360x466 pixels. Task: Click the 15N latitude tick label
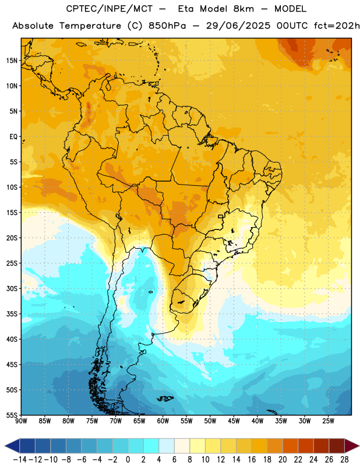click(x=12, y=61)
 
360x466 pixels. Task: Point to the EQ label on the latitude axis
click(x=13, y=137)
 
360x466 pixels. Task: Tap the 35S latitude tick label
click(x=12, y=314)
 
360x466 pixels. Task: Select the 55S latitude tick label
click(x=12, y=415)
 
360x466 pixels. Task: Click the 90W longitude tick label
click(x=21, y=421)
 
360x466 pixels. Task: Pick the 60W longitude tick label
click(x=163, y=421)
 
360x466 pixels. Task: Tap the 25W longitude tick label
click(x=328, y=421)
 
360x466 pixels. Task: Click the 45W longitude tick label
click(x=234, y=421)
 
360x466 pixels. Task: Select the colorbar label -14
click(x=20, y=460)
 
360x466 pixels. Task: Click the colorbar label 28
click(x=344, y=460)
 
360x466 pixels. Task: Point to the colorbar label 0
click(x=128, y=460)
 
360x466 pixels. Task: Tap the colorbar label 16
click(x=252, y=460)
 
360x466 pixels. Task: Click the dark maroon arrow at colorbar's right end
click(x=351, y=446)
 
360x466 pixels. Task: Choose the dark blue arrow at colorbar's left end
click(x=12, y=446)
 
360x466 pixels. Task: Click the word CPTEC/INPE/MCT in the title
click(x=109, y=9)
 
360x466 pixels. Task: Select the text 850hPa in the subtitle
click(x=167, y=26)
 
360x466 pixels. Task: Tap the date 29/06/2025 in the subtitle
click(x=238, y=26)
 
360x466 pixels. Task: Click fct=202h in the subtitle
click(x=337, y=26)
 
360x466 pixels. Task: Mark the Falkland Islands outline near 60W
click(x=165, y=398)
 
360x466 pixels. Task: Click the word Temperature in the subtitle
click(x=90, y=26)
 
